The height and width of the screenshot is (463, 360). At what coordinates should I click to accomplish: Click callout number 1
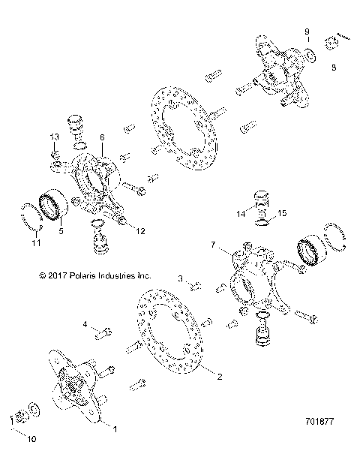[115, 428]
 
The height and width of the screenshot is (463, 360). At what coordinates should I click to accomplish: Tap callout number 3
[181, 279]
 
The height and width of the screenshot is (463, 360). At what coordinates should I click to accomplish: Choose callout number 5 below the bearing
[62, 232]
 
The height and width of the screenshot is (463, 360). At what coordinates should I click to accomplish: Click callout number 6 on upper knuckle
[101, 138]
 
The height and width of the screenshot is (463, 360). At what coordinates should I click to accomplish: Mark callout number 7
[214, 245]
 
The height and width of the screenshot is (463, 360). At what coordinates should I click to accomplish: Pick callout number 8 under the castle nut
[334, 66]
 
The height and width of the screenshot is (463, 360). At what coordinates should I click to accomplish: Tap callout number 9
[306, 31]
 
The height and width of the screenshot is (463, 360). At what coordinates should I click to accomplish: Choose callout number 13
[54, 136]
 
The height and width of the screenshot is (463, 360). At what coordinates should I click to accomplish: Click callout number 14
[241, 214]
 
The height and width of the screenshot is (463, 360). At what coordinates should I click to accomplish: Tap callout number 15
[283, 214]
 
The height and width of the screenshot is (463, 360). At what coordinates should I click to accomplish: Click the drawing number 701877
[323, 433]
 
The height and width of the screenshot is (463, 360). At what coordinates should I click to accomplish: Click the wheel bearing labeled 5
[56, 203]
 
